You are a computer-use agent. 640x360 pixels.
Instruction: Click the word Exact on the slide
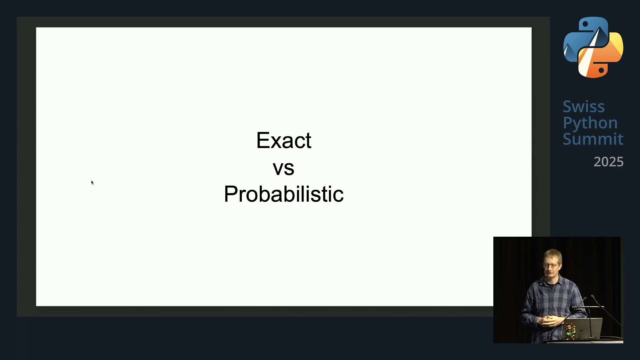(284, 140)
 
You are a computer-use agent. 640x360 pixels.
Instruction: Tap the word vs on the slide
(283, 168)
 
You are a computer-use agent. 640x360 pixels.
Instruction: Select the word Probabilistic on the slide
(284, 194)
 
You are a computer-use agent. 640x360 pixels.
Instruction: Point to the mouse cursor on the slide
(92, 183)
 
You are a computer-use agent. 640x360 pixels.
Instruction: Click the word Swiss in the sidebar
(584, 107)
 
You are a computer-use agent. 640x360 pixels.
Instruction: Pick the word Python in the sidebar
(590, 123)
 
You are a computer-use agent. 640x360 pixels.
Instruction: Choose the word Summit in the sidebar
(593, 139)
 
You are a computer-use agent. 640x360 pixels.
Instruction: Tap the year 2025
(608, 162)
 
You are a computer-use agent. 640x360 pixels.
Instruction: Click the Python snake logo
(593, 47)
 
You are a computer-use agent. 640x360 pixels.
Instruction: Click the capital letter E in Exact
(263, 140)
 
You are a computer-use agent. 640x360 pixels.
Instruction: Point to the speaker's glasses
(551, 266)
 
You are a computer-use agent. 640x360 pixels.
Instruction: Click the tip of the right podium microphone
(592, 296)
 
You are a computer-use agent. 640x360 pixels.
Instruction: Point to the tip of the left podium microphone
(585, 298)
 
